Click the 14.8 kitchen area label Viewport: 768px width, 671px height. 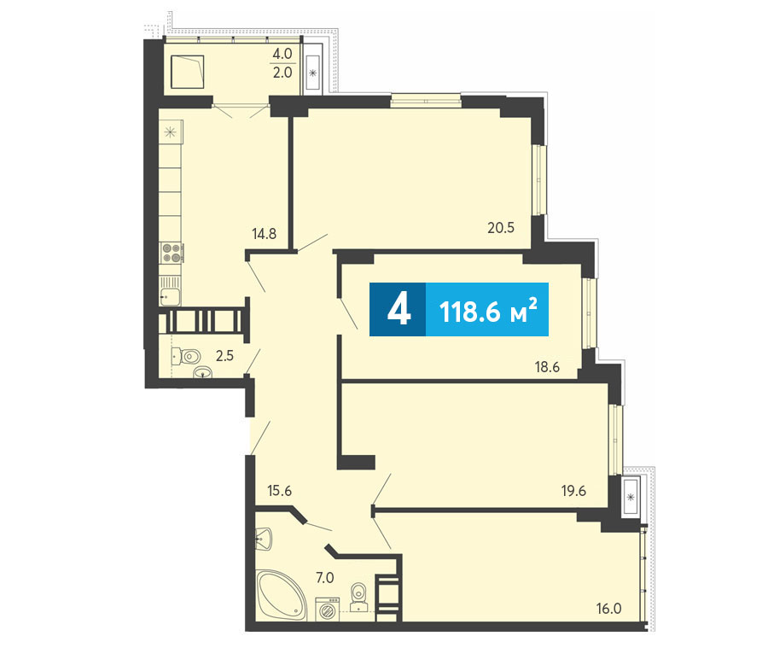264,234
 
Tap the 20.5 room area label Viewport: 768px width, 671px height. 501,227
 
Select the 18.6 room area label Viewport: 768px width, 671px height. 547,366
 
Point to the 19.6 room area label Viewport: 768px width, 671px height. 573,491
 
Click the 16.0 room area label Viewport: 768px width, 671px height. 608,609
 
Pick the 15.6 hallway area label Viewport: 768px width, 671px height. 280,490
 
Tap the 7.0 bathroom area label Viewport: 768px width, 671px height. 325,578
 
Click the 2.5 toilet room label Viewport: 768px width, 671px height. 224,356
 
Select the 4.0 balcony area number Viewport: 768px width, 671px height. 282,54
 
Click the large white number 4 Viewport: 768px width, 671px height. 399,310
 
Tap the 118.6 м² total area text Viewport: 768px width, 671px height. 488,310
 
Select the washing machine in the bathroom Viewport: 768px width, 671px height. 326,610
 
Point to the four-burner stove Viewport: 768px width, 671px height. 171,253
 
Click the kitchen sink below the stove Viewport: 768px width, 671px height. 170,295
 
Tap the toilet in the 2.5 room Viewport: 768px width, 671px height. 187,356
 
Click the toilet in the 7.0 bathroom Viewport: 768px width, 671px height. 359,597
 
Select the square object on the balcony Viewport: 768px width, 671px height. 187,72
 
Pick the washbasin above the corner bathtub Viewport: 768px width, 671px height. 264,540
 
